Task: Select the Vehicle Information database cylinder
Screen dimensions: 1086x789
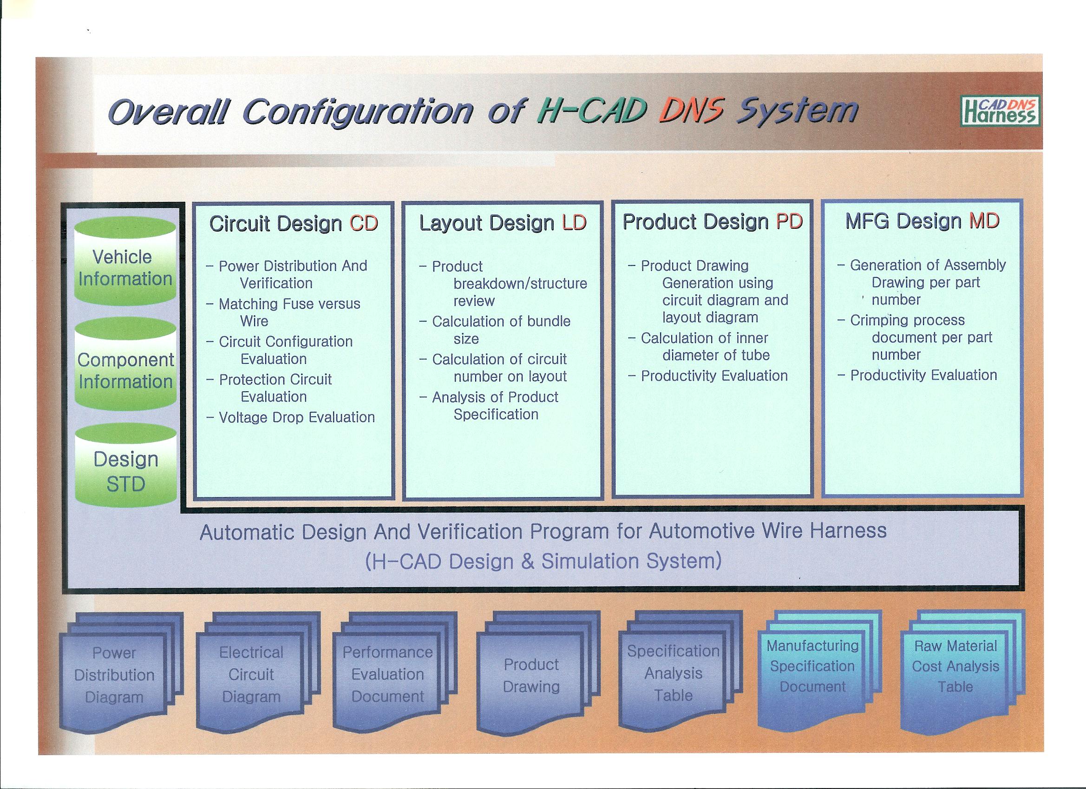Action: point(125,261)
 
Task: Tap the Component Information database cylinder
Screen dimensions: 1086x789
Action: point(125,365)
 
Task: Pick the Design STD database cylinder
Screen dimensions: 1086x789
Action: point(125,466)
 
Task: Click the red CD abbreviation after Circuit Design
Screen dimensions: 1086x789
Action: point(363,223)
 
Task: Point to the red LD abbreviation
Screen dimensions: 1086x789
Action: point(574,223)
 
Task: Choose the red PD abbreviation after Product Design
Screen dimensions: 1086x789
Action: point(789,221)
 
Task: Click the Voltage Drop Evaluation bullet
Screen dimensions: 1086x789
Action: point(291,417)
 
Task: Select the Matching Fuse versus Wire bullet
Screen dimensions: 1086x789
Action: point(283,312)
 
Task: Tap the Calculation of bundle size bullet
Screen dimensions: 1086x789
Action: point(495,330)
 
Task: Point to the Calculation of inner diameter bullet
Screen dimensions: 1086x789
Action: point(699,346)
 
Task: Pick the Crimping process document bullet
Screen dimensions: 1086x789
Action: point(915,337)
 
